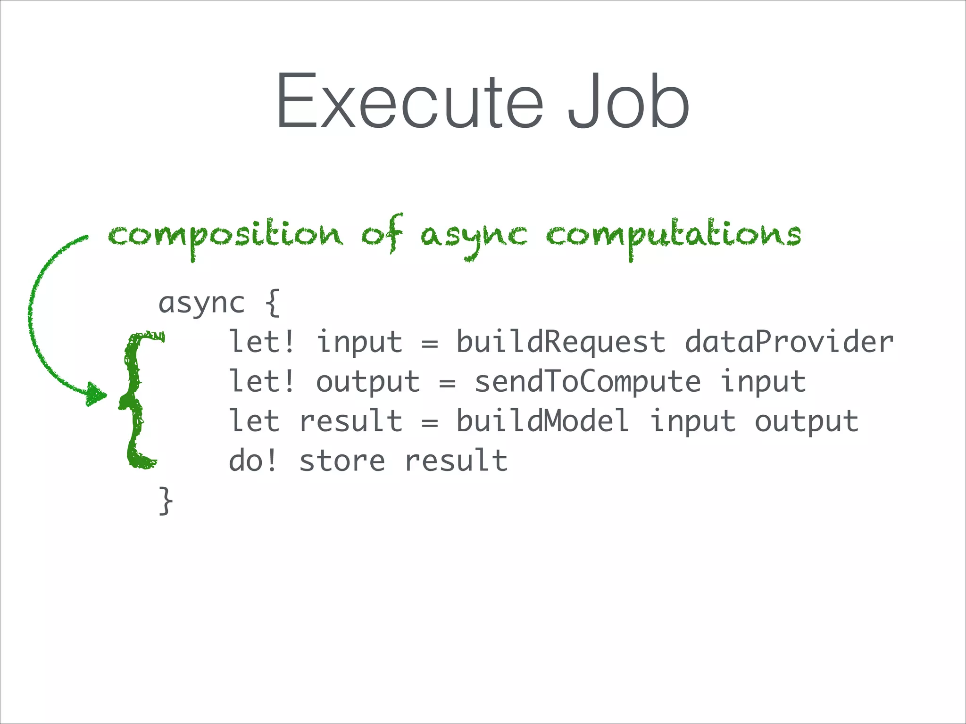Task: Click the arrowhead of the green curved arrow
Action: point(96,395)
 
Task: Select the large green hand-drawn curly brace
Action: point(137,401)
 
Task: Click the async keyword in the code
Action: point(202,303)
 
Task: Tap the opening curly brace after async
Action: point(273,303)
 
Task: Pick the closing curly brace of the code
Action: point(166,501)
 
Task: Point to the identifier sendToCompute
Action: point(587,381)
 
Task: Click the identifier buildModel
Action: point(542,421)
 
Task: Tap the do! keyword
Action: point(254,461)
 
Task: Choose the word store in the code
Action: point(342,461)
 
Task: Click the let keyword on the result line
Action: point(254,421)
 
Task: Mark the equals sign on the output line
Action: point(447,383)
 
